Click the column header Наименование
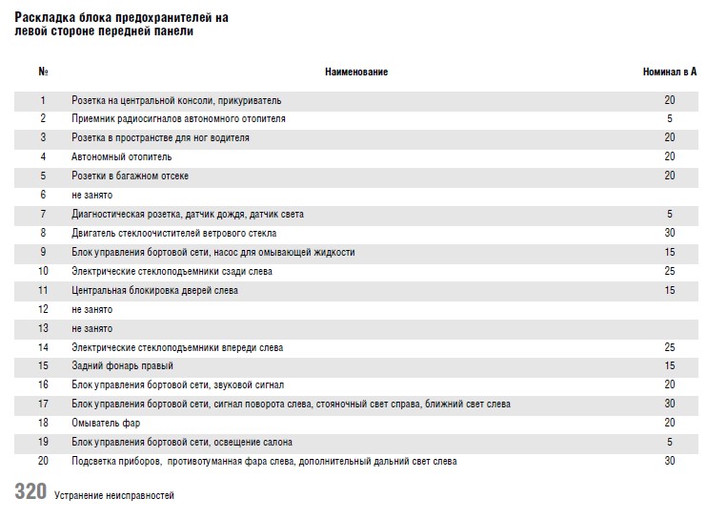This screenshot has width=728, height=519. (356, 73)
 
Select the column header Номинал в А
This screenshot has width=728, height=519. (670, 73)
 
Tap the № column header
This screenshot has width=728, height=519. (43, 73)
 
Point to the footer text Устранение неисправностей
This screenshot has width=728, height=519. (114, 495)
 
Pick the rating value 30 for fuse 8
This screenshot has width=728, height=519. (670, 233)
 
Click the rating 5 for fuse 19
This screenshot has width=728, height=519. (670, 442)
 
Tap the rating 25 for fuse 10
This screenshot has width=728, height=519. (670, 271)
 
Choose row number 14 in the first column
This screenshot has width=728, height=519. (43, 347)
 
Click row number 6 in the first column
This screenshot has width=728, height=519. (43, 195)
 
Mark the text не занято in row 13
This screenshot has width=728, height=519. (92, 328)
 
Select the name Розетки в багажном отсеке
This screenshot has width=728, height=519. (131, 176)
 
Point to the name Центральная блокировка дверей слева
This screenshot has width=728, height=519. (154, 290)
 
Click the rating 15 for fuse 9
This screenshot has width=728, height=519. (670, 252)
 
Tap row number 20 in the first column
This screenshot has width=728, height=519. (43, 461)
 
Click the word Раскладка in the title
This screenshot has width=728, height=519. (47, 18)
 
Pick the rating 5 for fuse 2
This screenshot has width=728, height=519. (670, 118)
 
